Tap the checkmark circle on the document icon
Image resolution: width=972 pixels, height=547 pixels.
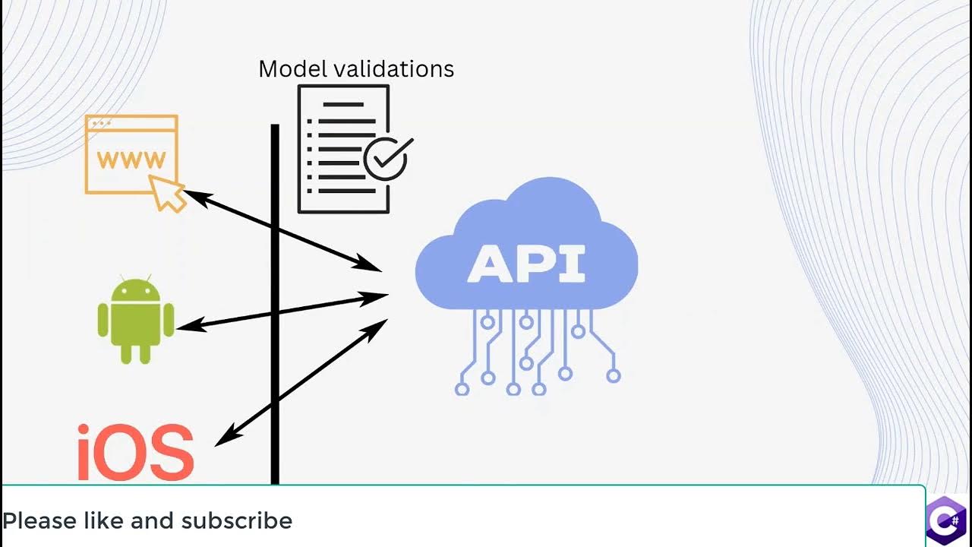pos(386,158)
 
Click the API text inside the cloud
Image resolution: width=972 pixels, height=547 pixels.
pos(526,264)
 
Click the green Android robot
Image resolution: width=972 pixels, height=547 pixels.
pos(136,320)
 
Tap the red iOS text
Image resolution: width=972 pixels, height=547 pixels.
pos(135,453)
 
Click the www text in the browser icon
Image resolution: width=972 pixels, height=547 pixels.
pos(131,160)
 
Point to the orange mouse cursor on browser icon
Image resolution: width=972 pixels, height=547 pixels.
pos(167,193)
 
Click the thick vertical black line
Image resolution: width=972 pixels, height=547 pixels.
pos(275,380)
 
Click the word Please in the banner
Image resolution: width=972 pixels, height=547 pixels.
pos(39,521)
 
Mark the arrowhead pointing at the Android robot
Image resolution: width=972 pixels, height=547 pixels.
pos(187,326)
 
